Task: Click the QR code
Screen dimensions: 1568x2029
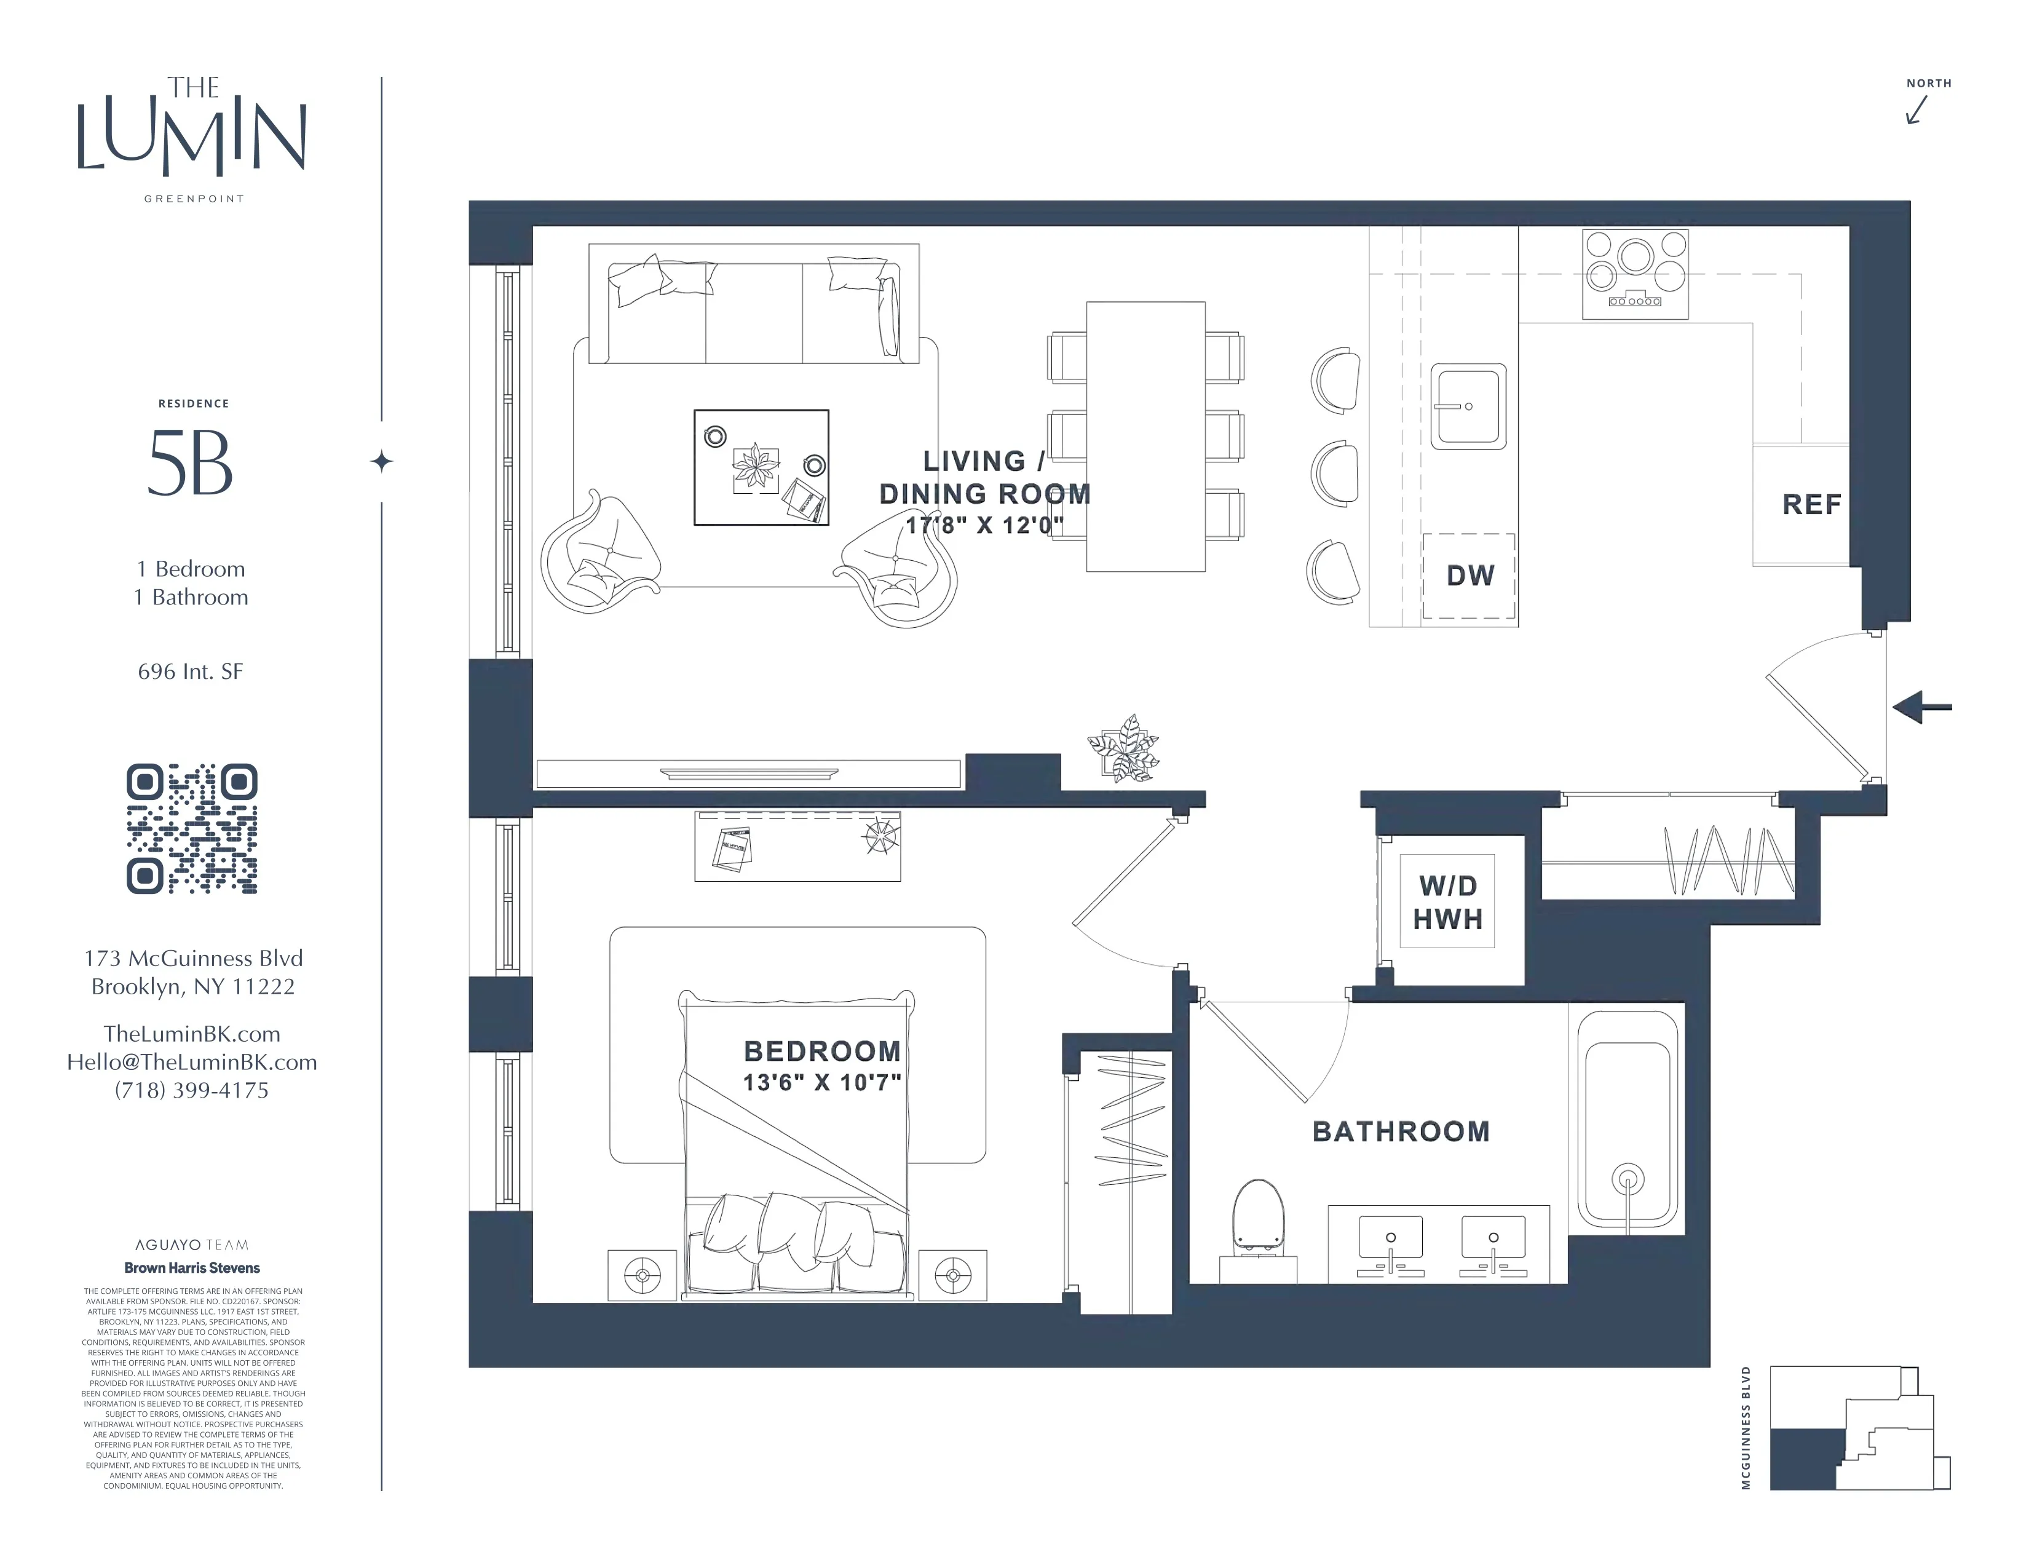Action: coord(191,829)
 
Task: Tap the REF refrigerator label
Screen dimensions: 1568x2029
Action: coord(1811,504)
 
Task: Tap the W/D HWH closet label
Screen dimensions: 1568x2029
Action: coord(1447,902)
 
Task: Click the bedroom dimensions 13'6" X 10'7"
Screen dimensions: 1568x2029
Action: coord(821,1082)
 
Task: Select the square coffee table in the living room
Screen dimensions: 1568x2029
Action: coord(761,467)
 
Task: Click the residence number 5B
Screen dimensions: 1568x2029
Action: coord(191,464)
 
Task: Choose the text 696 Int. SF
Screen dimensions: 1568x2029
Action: coord(191,671)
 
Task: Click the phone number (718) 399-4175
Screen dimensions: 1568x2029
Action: coord(191,1091)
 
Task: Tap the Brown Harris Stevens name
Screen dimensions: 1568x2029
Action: coord(192,1267)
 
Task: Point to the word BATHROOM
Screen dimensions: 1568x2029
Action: coord(1400,1131)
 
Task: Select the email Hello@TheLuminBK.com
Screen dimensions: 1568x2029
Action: coord(191,1062)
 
